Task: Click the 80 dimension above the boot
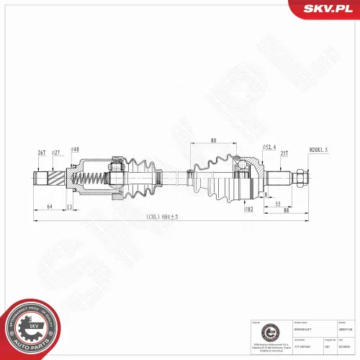(214, 141)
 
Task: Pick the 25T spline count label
(284, 153)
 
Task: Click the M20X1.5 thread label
(318, 149)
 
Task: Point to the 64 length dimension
(49, 207)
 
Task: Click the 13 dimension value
(68, 207)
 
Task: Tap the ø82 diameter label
(248, 210)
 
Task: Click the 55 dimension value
(278, 204)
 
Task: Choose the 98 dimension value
(286, 210)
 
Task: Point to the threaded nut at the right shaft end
(297, 176)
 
